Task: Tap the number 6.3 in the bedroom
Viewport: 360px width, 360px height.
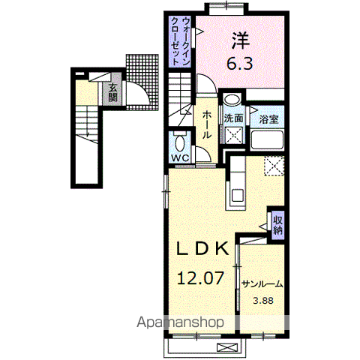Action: [x=240, y=63]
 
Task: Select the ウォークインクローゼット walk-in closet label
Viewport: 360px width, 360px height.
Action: [x=180, y=41]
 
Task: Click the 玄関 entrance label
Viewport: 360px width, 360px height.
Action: [x=113, y=92]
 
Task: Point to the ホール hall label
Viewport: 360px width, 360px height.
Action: [x=207, y=124]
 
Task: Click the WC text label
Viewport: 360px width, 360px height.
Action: [x=180, y=157]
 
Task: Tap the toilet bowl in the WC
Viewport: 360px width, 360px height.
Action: [x=180, y=143]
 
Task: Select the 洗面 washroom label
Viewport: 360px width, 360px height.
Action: [x=233, y=118]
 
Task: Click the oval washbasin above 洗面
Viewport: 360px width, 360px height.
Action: [x=232, y=99]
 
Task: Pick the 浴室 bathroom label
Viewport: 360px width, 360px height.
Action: [x=268, y=119]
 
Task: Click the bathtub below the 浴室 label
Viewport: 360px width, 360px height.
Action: [x=267, y=139]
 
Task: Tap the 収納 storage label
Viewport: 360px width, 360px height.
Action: [x=278, y=225]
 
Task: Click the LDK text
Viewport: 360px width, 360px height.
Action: [x=202, y=248]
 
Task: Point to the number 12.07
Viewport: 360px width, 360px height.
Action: [x=200, y=278]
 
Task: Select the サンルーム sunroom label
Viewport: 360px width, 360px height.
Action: [x=262, y=284]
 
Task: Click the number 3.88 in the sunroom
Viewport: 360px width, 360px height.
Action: [x=263, y=301]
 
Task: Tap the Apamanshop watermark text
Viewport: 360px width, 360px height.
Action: [x=180, y=322]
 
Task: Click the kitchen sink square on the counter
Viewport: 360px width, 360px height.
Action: [x=238, y=196]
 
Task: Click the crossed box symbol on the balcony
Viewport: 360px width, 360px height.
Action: [x=227, y=347]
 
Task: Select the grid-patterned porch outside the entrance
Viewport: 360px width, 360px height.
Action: [x=142, y=82]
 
